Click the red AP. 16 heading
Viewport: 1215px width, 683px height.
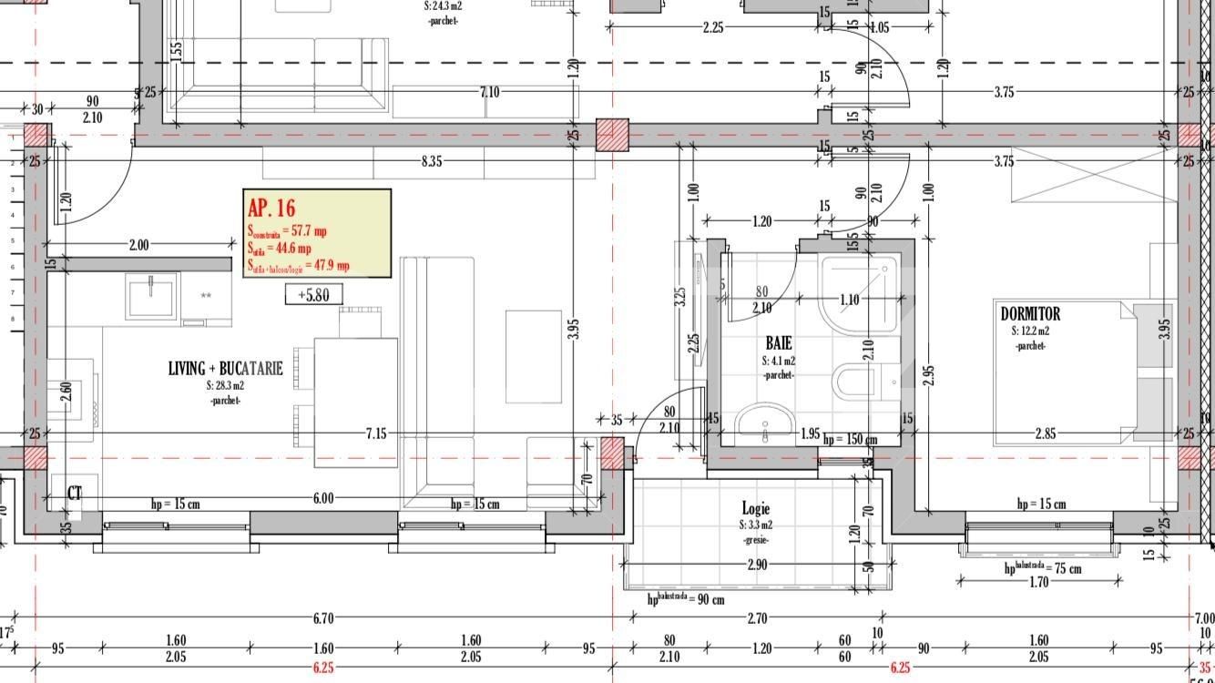pyautogui.click(x=271, y=208)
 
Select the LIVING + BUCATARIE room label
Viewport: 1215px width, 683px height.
pyautogui.click(x=225, y=369)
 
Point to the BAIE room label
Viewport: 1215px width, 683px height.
pyautogui.click(x=778, y=343)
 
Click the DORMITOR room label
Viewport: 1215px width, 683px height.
pyautogui.click(x=1030, y=314)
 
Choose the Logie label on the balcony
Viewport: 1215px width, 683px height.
pyautogui.click(x=755, y=509)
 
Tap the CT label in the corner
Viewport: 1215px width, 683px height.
pyautogui.click(x=75, y=494)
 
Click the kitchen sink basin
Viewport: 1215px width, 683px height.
pyautogui.click(x=152, y=296)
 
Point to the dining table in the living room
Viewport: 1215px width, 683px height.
pyautogui.click(x=355, y=402)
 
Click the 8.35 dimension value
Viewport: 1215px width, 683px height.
pyautogui.click(x=432, y=162)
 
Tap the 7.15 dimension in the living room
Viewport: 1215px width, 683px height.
pyautogui.click(x=375, y=433)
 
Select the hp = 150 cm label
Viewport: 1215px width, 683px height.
pyautogui.click(x=850, y=440)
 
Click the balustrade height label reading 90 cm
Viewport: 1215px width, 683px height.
pyautogui.click(x=686, y=598)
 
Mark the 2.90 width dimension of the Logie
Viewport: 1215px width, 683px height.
pyautogui.click(x=756, y=565)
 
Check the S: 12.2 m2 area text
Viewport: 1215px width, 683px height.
pyautogui.click(x=1030, y=331)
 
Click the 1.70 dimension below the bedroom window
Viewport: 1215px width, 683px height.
pyautogui.click(x=1038, y=583)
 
